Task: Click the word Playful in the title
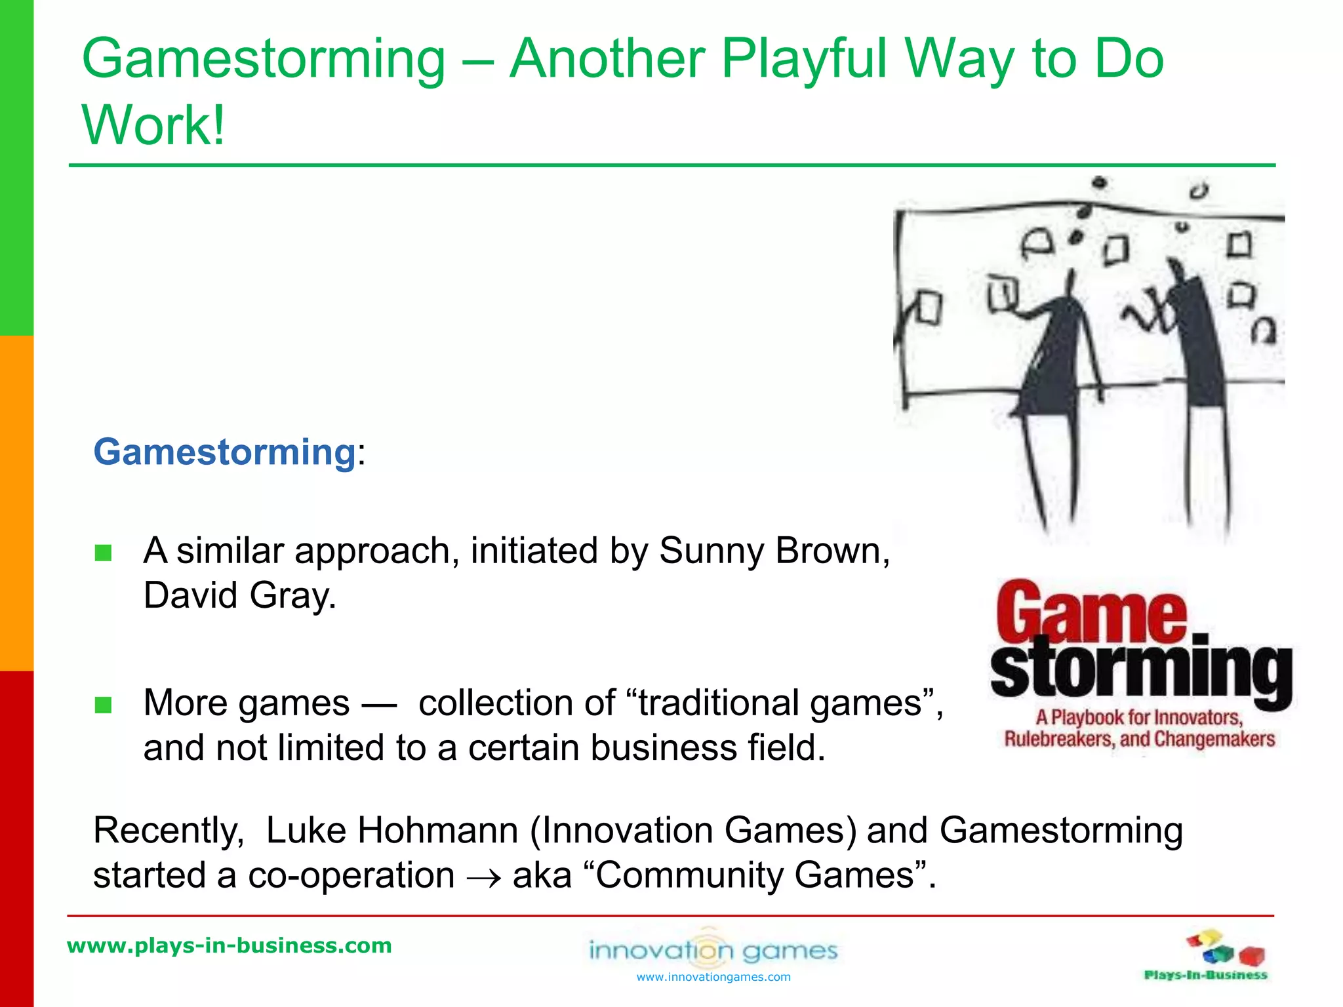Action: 804,59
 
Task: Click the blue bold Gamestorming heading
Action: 224,452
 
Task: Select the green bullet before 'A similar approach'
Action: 103,553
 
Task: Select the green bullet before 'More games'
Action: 103,705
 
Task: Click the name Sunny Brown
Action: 774,551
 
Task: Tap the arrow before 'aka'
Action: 484,877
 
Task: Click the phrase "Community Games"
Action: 754,875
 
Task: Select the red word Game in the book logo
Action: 1091,612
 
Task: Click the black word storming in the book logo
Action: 1141,672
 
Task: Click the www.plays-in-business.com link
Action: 230,945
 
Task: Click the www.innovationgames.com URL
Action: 713,977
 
